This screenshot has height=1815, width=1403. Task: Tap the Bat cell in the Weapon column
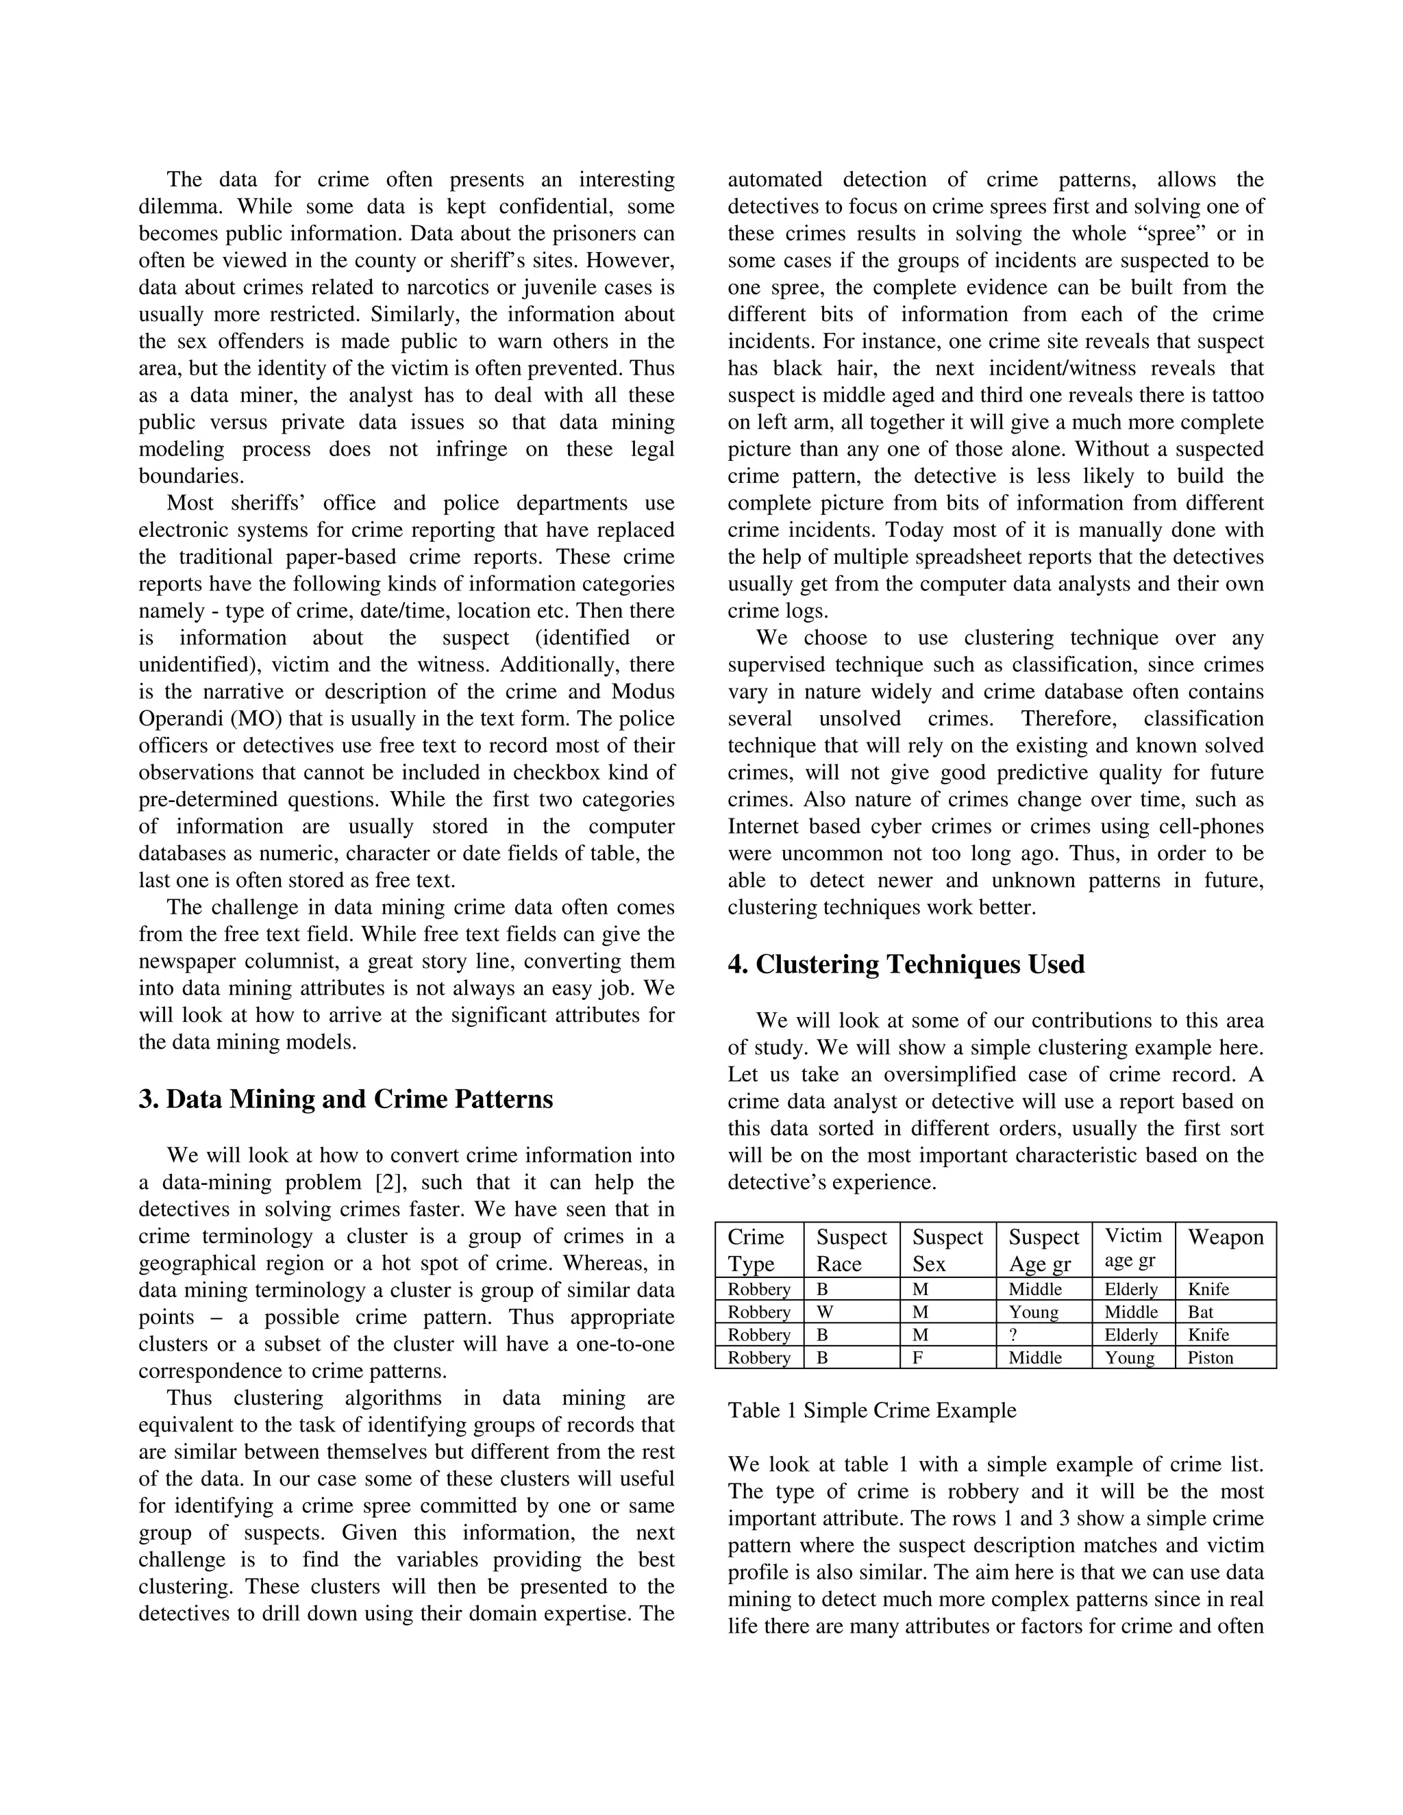[x=1200, y=1312]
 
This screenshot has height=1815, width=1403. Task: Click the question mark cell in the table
[x=1013, y=1335]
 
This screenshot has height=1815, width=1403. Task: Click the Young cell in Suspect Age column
[x=1033, y=1312]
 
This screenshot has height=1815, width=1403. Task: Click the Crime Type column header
[x=756, y=1249]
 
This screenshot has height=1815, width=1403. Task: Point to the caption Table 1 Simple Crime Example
[x=871, y=1410]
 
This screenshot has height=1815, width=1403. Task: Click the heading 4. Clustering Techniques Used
[x=906, y=964]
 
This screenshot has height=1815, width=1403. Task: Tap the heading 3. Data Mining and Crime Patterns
[x=346, y=1099]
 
